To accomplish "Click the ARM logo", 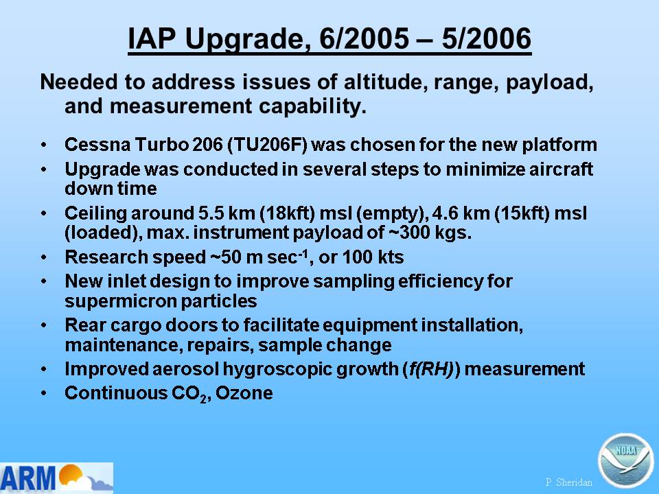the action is pos(56,478).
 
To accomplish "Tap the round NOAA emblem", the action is pos(625,461).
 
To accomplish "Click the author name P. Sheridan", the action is pos(568,482).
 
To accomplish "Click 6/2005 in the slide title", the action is pos(365,38).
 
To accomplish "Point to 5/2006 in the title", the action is pos(487,38).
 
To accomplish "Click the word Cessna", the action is pos(97,145).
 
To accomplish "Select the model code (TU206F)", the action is pos(267,145).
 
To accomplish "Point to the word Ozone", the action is pos(244,393).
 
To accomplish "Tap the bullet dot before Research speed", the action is pos(44,257).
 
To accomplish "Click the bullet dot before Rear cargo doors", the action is pos(44,325).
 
